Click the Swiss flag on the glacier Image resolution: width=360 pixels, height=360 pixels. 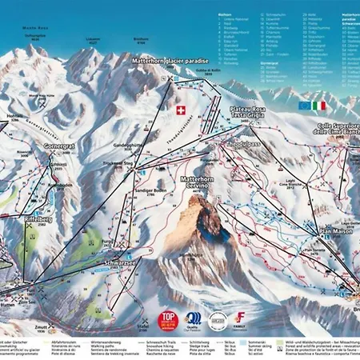[x=179, y=110]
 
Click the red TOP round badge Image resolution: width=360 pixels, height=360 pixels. [x=168, y=320]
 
